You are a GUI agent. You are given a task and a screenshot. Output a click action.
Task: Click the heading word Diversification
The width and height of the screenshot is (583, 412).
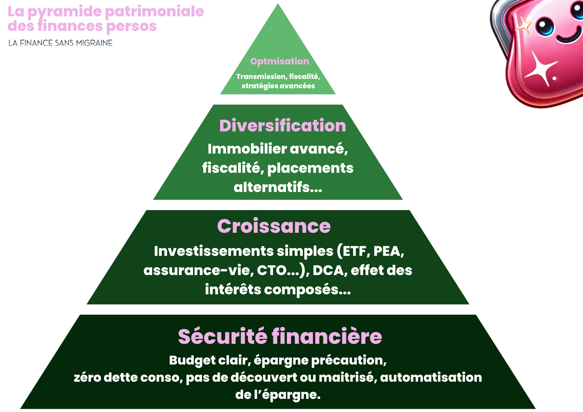282,126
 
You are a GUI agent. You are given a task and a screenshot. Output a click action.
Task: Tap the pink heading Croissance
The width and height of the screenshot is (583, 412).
274,226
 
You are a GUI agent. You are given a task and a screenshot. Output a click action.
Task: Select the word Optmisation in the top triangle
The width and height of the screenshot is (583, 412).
280,61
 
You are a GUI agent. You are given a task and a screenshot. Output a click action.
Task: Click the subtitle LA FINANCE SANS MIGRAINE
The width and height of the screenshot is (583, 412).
61,43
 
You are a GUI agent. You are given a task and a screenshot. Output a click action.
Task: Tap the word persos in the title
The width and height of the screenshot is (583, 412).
131,26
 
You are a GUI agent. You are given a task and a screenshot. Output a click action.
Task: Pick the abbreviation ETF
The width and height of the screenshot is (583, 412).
354,251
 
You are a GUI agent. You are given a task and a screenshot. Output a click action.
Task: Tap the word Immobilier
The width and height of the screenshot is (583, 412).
247,149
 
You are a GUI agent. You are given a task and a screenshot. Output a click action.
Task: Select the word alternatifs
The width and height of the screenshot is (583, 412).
278,187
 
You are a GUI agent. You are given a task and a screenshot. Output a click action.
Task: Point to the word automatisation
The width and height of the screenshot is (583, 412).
431,377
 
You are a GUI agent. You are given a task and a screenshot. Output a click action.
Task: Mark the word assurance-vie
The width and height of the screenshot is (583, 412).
198,270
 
